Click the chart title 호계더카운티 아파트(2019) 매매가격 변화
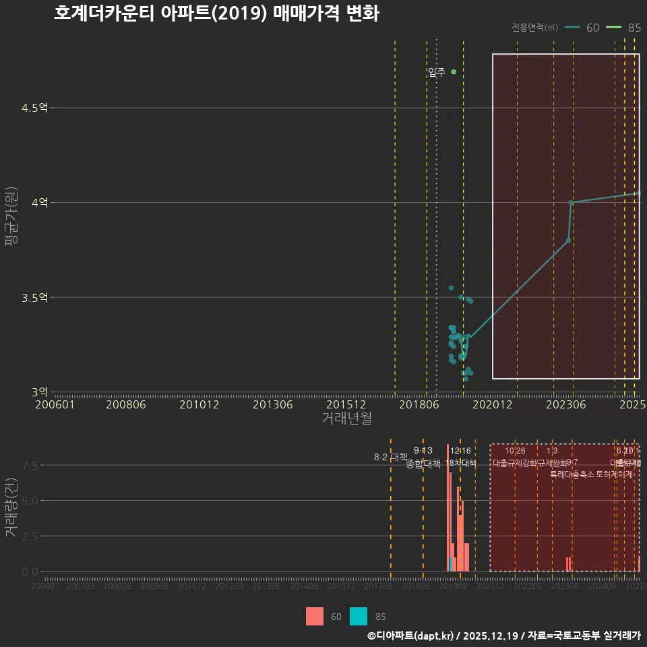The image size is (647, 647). click(x=216, y=14)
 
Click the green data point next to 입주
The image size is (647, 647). click(x=454, y=71)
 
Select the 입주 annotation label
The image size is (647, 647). click(x=437, y=73)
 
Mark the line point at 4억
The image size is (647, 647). click(x=571, y=202)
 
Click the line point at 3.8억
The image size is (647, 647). click(x=568, y=240)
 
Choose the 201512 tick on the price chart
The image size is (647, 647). click(x=346, y=405)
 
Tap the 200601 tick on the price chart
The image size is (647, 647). click(x=55, y=405)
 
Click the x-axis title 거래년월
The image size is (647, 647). click(x=346, y=419)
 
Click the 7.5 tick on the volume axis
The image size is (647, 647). click(x=30, y=465)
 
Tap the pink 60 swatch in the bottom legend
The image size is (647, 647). click(x=315, y=617)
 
